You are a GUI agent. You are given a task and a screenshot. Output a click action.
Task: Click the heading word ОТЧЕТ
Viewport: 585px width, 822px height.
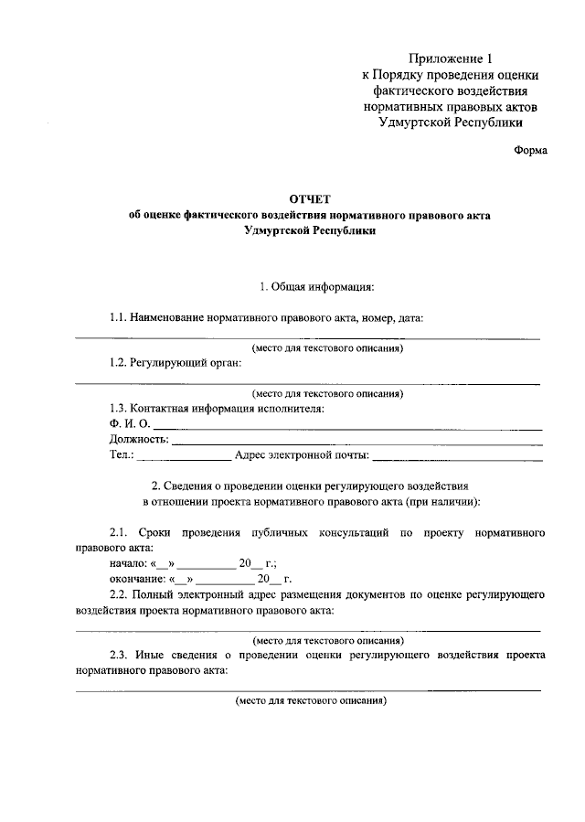tap(309, 197)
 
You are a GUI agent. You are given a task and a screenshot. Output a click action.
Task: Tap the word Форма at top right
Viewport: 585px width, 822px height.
tap(530, 151)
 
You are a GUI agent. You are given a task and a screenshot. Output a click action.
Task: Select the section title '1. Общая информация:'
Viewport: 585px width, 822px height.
tap(316, 287)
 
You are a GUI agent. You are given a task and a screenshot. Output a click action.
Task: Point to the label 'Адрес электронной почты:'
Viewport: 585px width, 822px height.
tap(302, 454)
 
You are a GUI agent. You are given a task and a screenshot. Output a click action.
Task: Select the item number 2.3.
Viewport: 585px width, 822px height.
tap(118, 655)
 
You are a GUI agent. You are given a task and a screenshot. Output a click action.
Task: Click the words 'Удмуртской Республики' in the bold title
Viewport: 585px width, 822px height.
tap(309, 231)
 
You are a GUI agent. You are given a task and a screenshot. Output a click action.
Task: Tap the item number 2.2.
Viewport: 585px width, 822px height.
tap(118, 594)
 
